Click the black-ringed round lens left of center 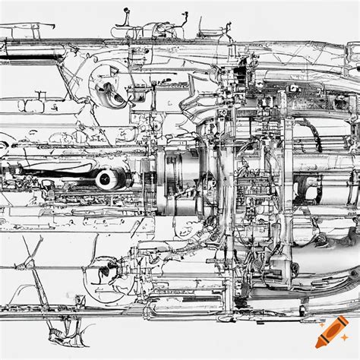coord(105,179)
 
